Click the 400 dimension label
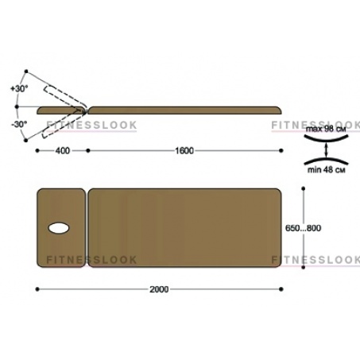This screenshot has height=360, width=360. click(x=63, y=151)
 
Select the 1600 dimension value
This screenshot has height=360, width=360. click(x=184, y=151)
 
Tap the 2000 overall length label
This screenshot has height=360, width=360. click(x=159, y=289)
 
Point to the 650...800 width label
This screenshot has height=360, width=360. click(x=303, y=228)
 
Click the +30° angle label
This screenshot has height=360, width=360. click(x=19, y=89)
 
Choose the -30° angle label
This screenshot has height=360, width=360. click(x=19, y=124)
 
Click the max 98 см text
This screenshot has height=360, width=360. click(x=326, y=130)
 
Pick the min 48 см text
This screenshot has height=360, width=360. click(x=327, y=169)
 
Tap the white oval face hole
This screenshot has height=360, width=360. click(x=59, y=228)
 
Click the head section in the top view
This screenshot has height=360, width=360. click(x=61, y=228)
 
